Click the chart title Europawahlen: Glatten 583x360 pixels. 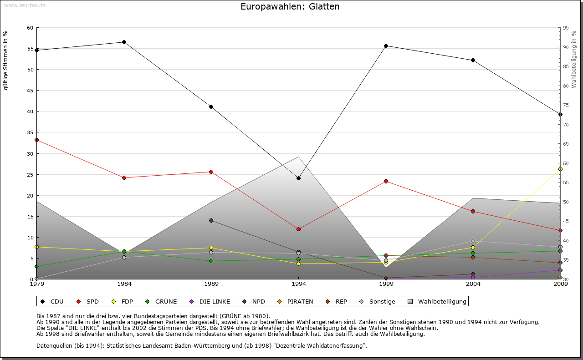click(x=290, y=7)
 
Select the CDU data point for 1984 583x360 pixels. click(x=124, y=42)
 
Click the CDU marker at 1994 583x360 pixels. click(x=298, y=178)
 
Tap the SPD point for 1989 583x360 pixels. click(x=211, y=172)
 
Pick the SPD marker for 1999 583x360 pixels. click(x=386, y=181)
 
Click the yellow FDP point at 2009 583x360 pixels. click(x=560, y=169)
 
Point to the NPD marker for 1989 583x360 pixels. click(x=211, y=220)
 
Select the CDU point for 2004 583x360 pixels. click(x=473, y=60)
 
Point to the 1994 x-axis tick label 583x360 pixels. click(x=299, y=284)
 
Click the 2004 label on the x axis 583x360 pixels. click(x=473, y=284)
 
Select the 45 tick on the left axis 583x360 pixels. click(x=31, y=91)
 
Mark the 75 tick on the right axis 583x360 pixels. click(x=566, y=105)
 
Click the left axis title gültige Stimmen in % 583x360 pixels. click(x=6, y=60)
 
